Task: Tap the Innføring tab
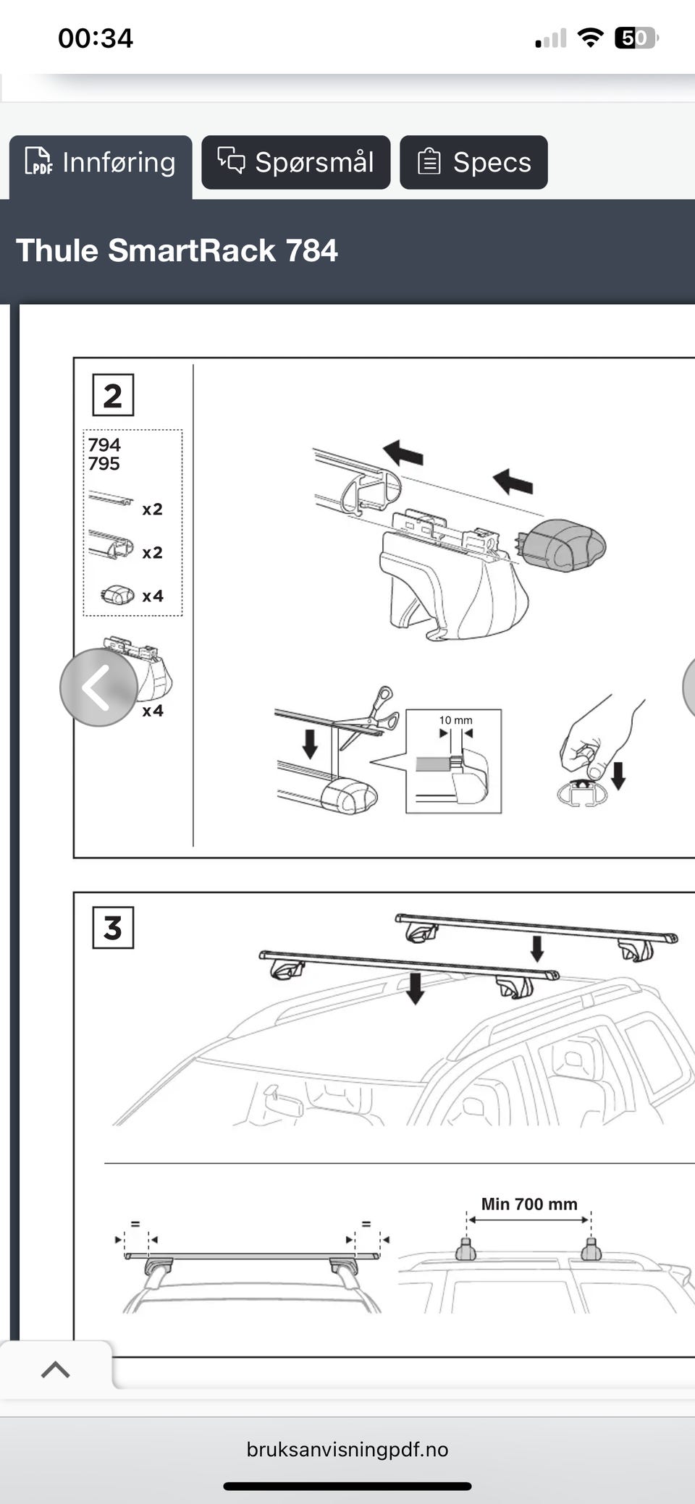pos(101,163)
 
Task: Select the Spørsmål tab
pos(296,162)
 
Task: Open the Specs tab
pos(473,162)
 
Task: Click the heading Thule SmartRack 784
pos(177,250)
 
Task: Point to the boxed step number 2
pos(113,395)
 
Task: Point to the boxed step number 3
pos(113,927)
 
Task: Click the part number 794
pos(104,444)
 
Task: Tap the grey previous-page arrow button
pos(98,688)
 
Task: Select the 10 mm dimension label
pos(455,720)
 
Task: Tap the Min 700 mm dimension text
pos(529,1204)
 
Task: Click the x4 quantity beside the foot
pos(153,711)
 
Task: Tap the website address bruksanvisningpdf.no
pos(347,1450)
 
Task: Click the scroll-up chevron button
pos(56,1369)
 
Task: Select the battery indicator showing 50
pos(636,38)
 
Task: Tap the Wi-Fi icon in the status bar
pos(590,38)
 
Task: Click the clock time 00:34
pos(96,38)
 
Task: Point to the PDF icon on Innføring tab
pos(38,161)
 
